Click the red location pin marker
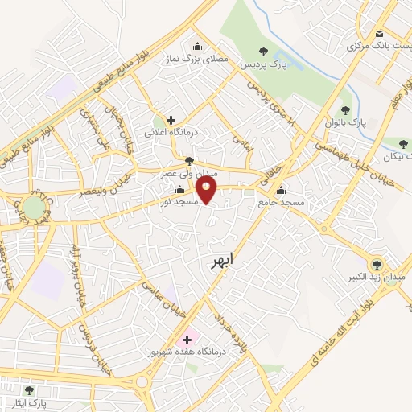click(x=208, y=190)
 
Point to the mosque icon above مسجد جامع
click(x=281, y=191)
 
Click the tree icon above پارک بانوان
click(x=346, y=110)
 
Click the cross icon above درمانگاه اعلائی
click(x=171, y=120)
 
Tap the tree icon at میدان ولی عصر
click(x=189, y=160)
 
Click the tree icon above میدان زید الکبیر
click(x=375, y=264)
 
